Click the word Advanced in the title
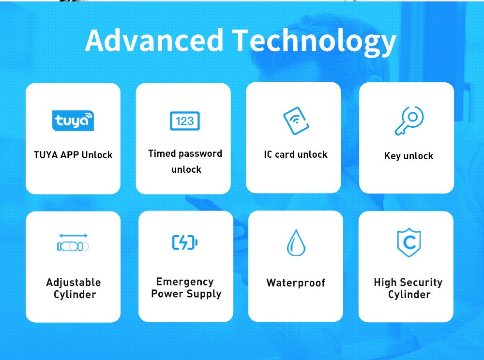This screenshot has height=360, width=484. click(154, 41)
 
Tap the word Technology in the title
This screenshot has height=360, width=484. click(314, 42)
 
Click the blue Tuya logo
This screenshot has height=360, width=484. click(73, 120)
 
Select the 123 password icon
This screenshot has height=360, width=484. click(185, 121)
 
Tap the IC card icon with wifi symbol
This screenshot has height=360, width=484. click(296, 120)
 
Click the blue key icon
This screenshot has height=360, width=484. click(409, 120)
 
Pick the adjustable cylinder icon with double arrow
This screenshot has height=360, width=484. click(73, 243)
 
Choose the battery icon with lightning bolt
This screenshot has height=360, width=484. click(185, 242)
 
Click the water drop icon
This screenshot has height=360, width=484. click(296, 243)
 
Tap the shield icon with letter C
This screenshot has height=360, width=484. click(409, 242)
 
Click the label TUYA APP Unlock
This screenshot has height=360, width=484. click(73, 155)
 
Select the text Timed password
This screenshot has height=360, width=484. click(185, 153)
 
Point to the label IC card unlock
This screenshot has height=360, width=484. click(296, 154)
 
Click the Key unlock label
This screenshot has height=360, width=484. click(408, 156)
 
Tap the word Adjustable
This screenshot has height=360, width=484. click(74, 283)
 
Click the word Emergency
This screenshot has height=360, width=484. click(185, 282)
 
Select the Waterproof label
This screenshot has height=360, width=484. click(296, 283)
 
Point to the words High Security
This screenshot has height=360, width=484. click(408, 283)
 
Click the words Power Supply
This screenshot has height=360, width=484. click(186, 294)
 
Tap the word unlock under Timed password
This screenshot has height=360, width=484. click(186, 169)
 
